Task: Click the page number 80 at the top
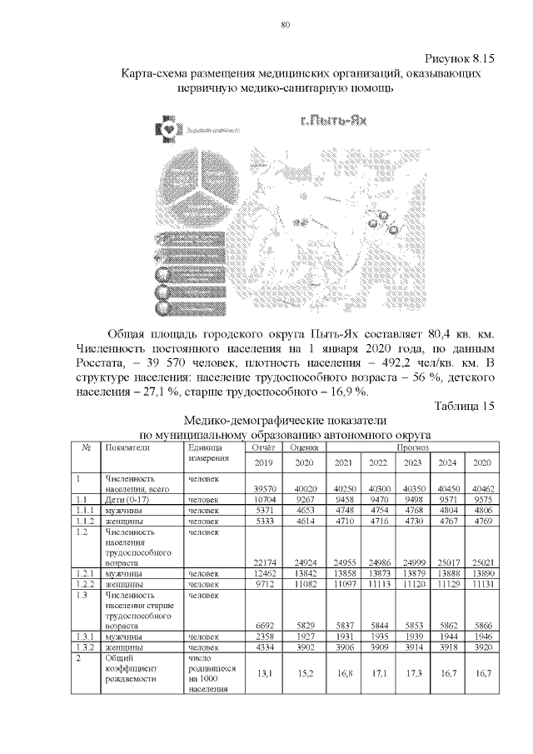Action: (284, 25)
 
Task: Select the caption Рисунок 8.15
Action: (461, 59)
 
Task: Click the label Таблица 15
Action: (465, 406)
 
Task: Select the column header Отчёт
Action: (262, 447)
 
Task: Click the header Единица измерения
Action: (208, 453)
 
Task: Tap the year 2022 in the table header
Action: (378, 463)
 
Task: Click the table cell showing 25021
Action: (481, 564)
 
